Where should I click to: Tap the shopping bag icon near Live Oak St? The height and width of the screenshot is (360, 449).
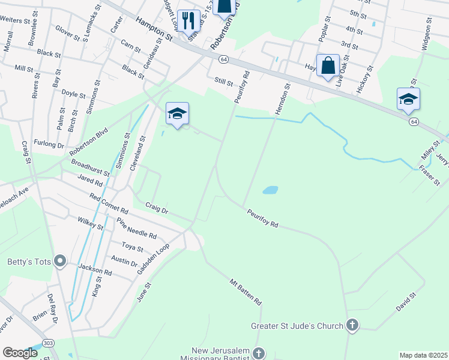tap(328, 66)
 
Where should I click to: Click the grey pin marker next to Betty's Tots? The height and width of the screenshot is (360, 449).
tap(59, 261)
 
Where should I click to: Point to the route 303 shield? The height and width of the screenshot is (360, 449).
tap(47, 343)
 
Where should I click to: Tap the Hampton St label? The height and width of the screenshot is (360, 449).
tap(154, 29)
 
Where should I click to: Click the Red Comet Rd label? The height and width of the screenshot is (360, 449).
tap(109, 204)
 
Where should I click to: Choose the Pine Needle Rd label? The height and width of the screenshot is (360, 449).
tap(137, 228)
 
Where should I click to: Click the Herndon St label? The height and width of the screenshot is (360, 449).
tap(283, 97)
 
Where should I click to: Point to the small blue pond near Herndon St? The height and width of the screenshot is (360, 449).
tap(270, 190)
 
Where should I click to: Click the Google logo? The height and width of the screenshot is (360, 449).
tap(20, 353)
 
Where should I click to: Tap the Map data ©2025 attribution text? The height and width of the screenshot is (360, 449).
tap(423, 355)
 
